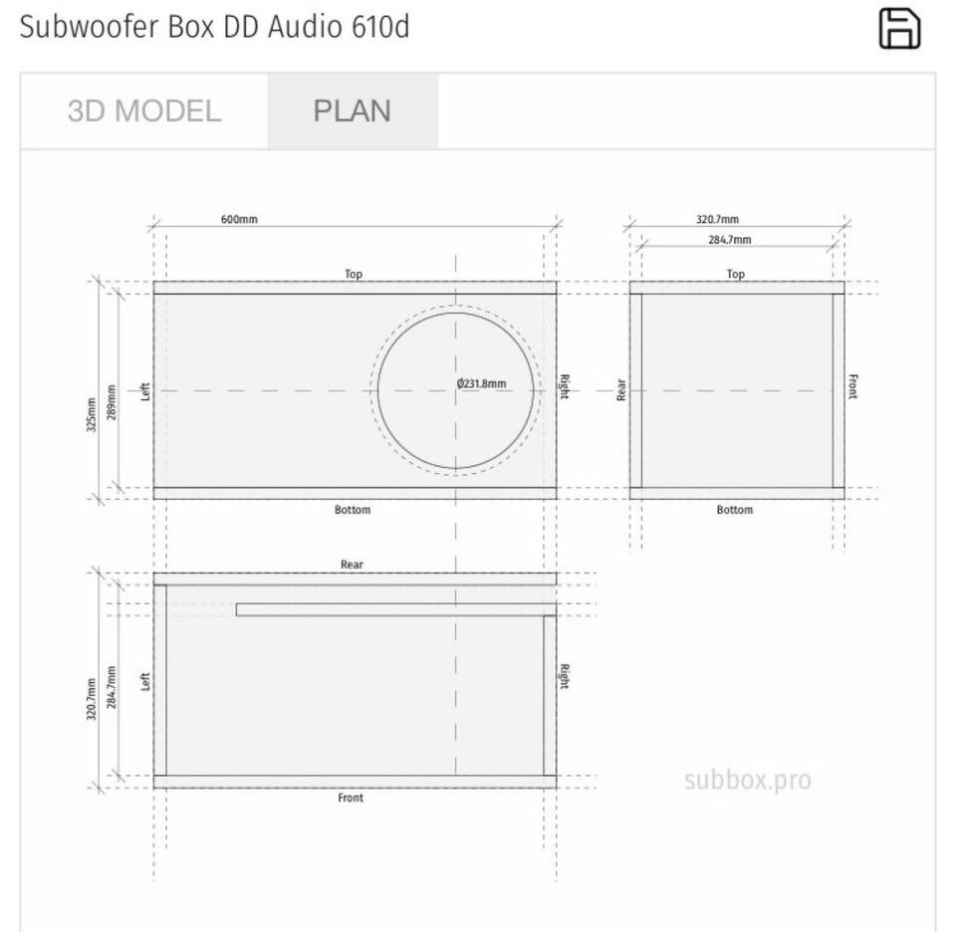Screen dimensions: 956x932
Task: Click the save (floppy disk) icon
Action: click(899, 28)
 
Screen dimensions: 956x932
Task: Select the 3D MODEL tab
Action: click(143, 111)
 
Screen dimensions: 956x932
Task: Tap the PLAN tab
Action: click(352, 111)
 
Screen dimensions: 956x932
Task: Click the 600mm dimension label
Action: click(239, 219)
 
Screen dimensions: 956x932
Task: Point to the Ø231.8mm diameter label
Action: click(481, 383)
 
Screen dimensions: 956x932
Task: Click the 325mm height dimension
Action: click(92, 414)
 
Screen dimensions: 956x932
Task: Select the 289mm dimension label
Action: click(111, 401)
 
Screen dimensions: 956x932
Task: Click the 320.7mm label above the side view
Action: click(718, 219)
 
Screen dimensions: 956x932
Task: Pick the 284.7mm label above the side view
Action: click(729, 240)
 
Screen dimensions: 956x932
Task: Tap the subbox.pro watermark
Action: click(748, 781)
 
